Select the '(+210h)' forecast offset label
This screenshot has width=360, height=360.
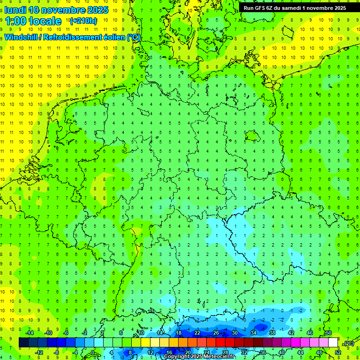(x=83, y=21)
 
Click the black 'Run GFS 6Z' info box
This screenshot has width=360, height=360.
(x=295, y=7)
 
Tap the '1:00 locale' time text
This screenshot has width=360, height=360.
(x=33, y=21)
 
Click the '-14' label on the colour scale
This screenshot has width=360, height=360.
(x=29, y=333)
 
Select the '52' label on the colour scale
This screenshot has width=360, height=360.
(x=337, y=352)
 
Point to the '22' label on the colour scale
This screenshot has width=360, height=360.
(x=197, y=333)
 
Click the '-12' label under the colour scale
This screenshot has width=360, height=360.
(x=39, y=352)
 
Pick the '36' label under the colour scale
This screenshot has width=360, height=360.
(x=262, y=352)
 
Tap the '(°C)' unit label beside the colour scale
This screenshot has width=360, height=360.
(x=348, y=343)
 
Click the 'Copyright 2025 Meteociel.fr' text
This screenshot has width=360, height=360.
(x=199, y=357)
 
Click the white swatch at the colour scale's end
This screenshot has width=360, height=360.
(x=333, y=343)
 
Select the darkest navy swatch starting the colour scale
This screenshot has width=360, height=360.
(x=23, y=343)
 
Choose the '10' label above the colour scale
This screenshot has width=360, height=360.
(x=141, y=333)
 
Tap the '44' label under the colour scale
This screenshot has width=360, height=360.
(x=300, y=352)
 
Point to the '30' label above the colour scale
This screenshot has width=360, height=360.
(x=234, y=333)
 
